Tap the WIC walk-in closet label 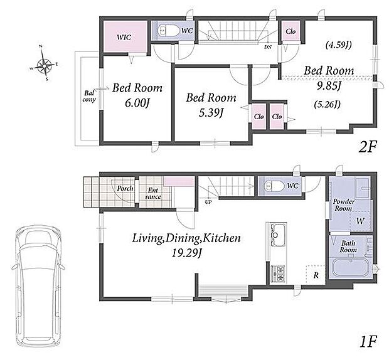pyautogui.click(x=124, y=38)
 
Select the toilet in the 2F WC pyautogui.click(x=169, y=31)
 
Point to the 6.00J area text pyautogui.click(x=137, y=103)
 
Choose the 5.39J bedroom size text pyautogui.click(x=211, y=113)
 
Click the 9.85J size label pyautogui.click(x=329, y=86)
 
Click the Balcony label pyautogui.click(x=89, y=97)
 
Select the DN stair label pyautogui.click(x=268, y=47)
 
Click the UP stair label pyautogui.click(x=208, y=203)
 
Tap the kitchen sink pyautogui.click(x=277, y=235)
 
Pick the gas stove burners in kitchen pyautogui.click(x=277, y=273)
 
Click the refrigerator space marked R pyautogui.click(x=316, y=275)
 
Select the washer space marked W pyautogui.click(x=360, y=221)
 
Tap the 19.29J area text pyautogui.click(x=186, y=253)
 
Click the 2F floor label pyautogui.click(x=368, y=147)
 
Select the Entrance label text pyautogui.click(x=153, y=194)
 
